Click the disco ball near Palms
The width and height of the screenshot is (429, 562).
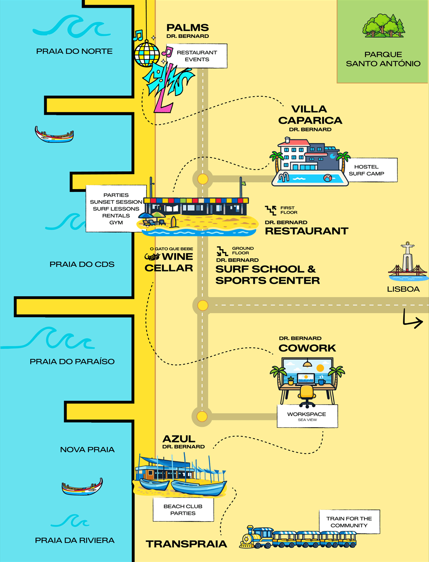[147, 54]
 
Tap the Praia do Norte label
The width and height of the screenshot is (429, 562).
[74, 51]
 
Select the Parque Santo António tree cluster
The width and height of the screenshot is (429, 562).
[384, 26]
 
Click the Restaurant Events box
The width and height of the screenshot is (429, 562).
[197, 56]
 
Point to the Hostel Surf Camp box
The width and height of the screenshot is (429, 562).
[366, 170]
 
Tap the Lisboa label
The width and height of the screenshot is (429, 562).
[403, 289]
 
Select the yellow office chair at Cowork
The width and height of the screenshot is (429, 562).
[307, 394]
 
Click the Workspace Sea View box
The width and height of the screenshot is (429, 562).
[307, 416]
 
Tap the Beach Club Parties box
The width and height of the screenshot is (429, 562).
[183, 510]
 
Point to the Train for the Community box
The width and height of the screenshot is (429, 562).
[349, 522]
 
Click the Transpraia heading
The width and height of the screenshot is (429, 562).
[186, 544]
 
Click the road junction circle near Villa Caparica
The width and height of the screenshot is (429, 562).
[203, 179]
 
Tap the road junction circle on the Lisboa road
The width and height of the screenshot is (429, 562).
[202, 305]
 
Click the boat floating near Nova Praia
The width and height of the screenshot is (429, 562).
[82, 487]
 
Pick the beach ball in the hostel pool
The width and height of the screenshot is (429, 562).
[328, 178]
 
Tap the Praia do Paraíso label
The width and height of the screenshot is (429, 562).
[72, 362]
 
